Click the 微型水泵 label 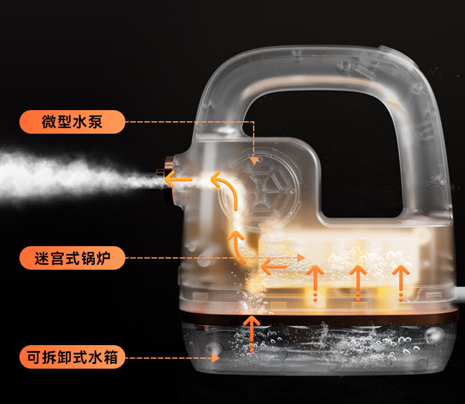[x=72, y=122]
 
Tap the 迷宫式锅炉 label [x=72, y=258]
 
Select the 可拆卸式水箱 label [x=72, y=357]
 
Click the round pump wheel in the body [x=259, y=188]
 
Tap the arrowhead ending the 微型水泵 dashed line [x=254, y=160]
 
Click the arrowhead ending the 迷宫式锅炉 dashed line [x=301, y=258]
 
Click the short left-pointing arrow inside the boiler [x=274, y=267]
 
